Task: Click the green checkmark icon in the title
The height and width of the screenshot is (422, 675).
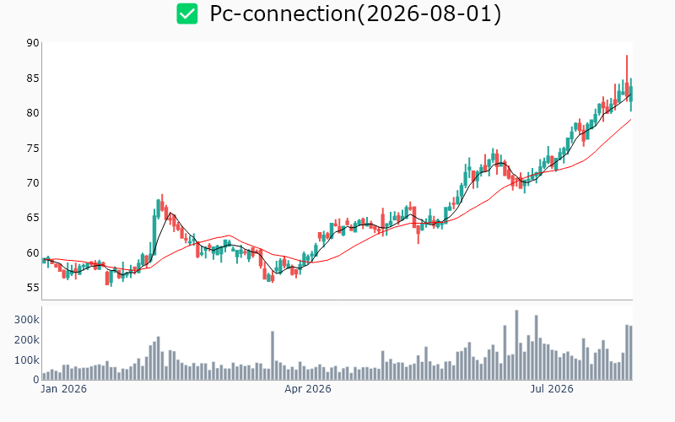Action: click(x=187, y=14)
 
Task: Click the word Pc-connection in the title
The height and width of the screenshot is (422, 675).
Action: click(x=283, y=14)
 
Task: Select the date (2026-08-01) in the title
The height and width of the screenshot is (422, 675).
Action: click(x=429, y=14)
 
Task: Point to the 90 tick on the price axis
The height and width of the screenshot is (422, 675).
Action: click(x=33, y=43)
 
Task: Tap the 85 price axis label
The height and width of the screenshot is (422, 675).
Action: click(x=33, y=78)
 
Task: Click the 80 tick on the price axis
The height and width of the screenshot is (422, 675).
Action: click(x=33, y=113)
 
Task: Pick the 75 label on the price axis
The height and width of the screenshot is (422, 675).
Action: click(x=33, y=149)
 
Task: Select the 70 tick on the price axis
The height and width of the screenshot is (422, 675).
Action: click(x=33, y=183)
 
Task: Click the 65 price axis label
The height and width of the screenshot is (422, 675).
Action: click(x=33, y=218)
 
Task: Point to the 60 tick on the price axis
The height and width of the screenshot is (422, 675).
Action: click(x=33, y=252)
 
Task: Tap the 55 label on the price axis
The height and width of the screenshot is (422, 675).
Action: click(x=33, y=288)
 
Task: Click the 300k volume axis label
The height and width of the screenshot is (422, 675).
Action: click(x=27, y=320)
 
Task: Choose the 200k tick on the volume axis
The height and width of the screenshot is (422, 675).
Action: click(x=27, y=340)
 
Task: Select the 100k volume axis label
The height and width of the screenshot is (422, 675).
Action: click(x=27, y=360)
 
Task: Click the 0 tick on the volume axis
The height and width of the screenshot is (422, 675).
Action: click(x=36, y=380)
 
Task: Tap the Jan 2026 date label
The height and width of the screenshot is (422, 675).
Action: click(x=64, y=389)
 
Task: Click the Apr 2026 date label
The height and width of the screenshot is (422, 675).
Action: click(x=308, y=389)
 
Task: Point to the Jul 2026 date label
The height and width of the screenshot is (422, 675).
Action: click(x=552, y=389)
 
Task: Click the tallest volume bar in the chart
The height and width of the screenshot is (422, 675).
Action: click(x=516, y=345)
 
